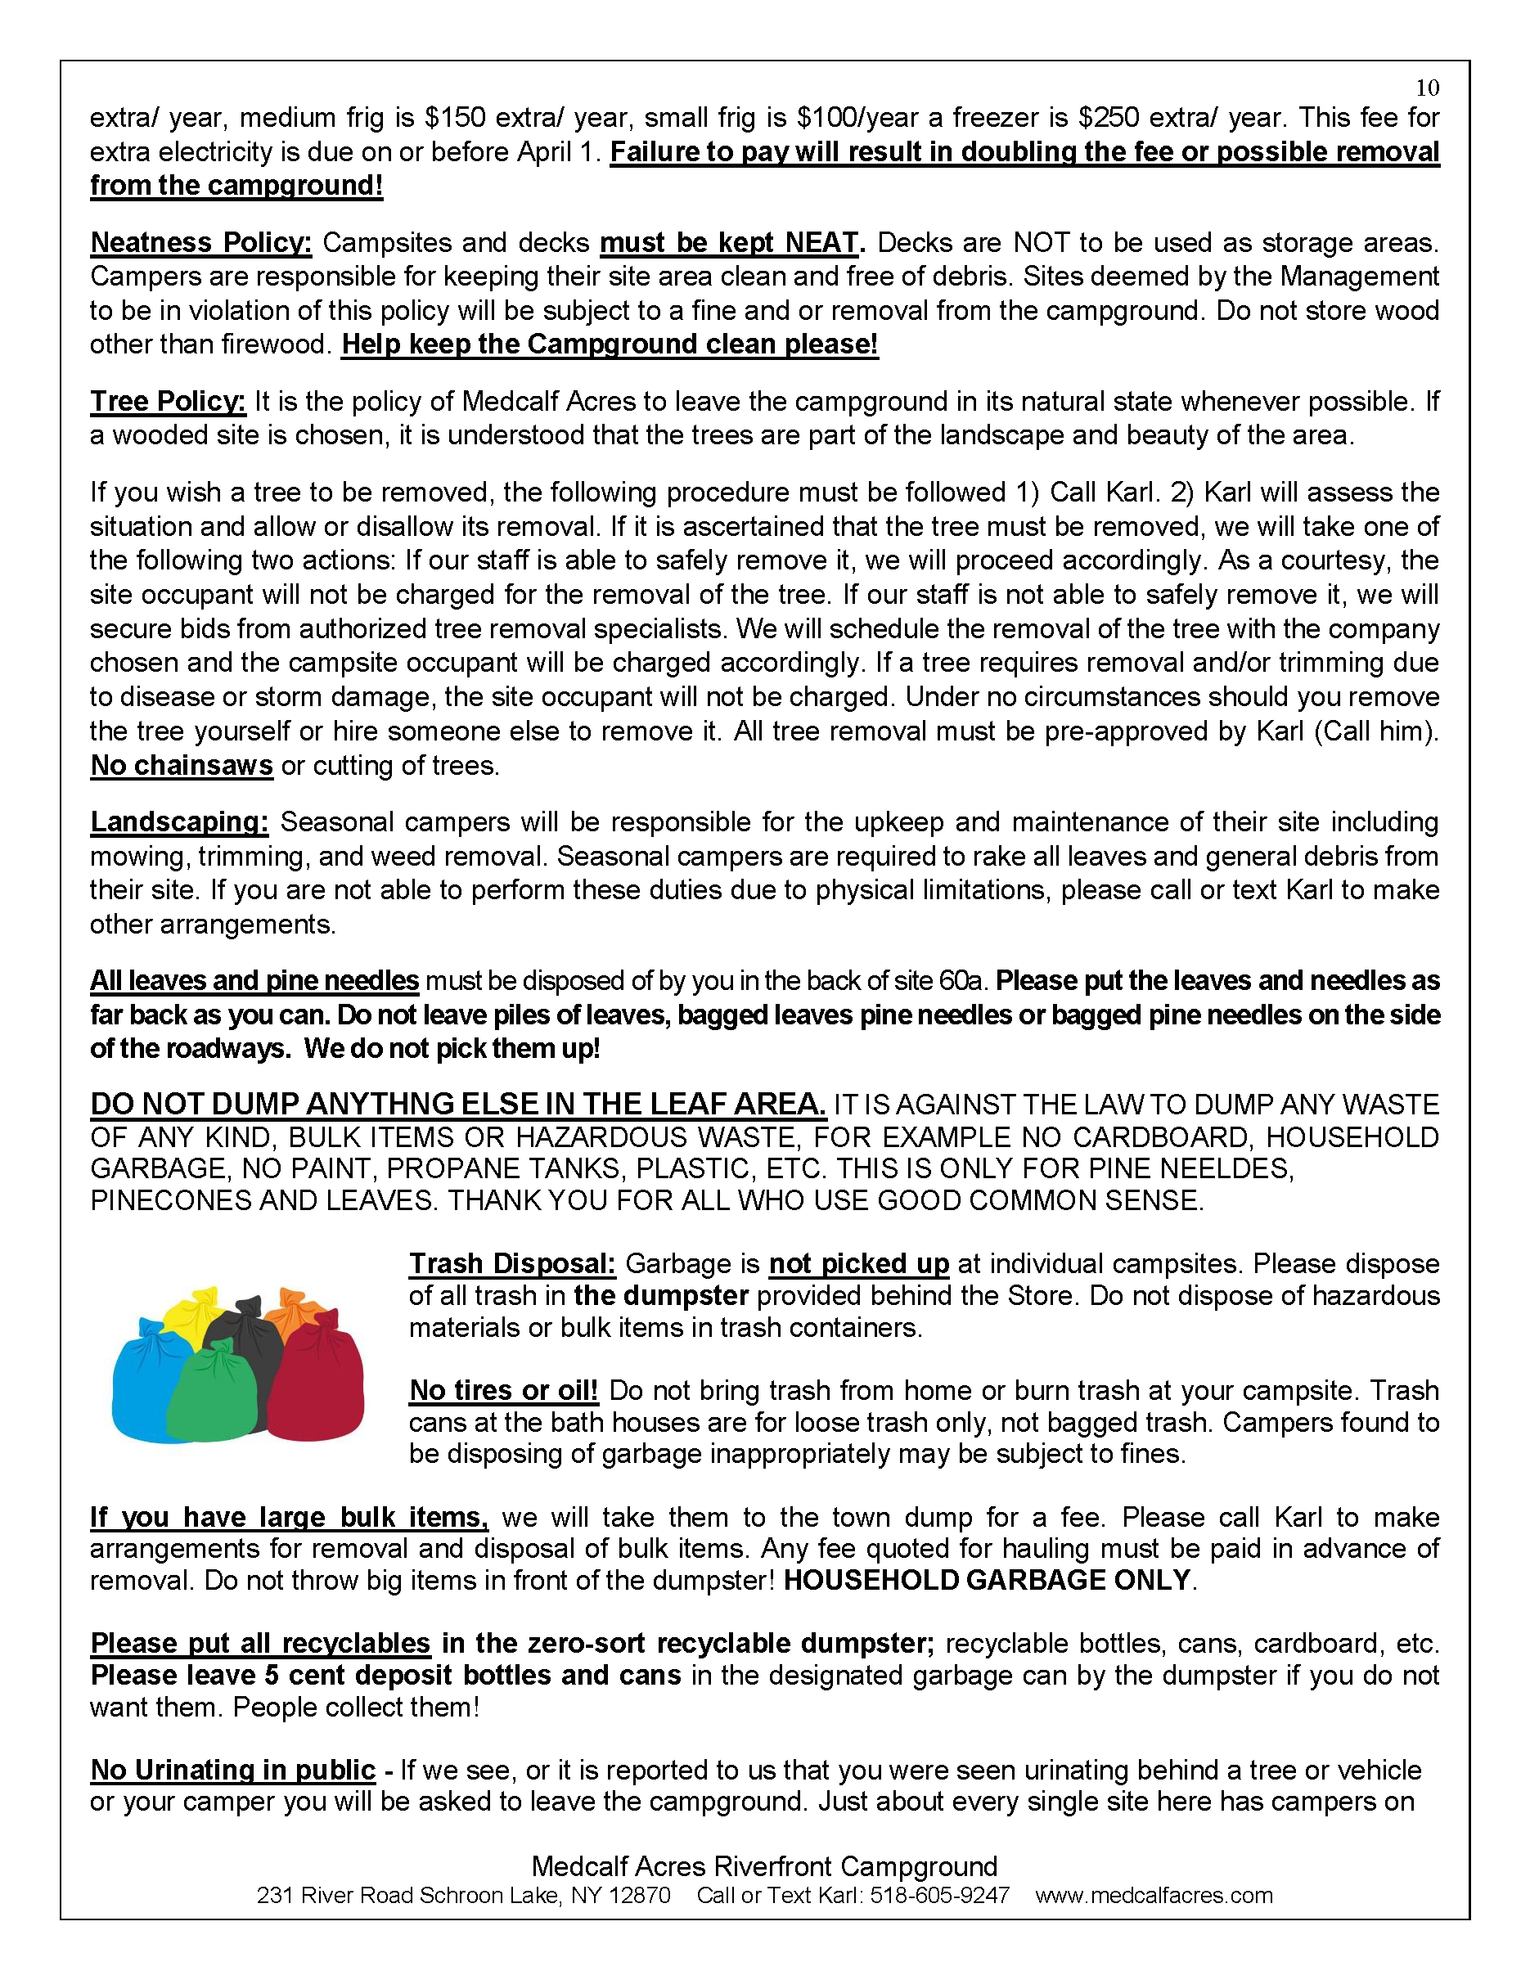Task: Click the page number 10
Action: tap(1428, 88)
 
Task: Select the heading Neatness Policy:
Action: tap(200, 243)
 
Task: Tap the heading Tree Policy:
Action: tap(168, 402)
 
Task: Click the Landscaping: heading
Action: tap(179, 822)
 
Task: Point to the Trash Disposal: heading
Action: tap(512, 1264)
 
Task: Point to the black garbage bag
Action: tap(241, 1333)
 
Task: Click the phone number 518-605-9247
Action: tap(939, 1896)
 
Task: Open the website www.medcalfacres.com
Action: tap(1154, 1896)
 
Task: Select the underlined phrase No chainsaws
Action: tap(182, 766)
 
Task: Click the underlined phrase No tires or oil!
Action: tap(504, 1391)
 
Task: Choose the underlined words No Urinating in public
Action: tap(233, 1770)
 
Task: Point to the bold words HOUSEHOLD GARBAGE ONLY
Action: tap(987, 1580)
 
